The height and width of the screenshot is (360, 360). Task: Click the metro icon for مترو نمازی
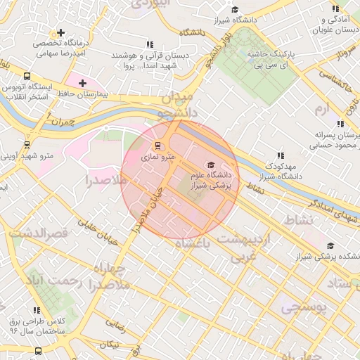click(x=159, y=146)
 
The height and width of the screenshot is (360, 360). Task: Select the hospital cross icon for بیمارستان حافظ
click(x=83, y=83)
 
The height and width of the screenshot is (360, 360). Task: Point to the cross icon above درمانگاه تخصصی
click(x=61, y=32)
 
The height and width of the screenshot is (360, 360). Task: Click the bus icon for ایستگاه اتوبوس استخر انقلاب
click(x=27, y=76)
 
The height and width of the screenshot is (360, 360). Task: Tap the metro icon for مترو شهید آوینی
click(x=27, y=144)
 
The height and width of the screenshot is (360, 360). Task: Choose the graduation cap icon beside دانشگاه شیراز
click(x=235, y=9)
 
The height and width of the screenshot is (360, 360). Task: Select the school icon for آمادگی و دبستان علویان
click(x=335, y=8)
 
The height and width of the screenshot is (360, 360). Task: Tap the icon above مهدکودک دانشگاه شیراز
click(x=281, y=155)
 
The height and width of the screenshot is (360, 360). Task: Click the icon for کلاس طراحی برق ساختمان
click(x=37, y=310)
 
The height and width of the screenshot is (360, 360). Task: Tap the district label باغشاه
click(x=192, y=243)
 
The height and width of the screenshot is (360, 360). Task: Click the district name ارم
click(x=321, y=108)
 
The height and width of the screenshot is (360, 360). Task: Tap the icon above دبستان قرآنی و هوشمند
click(x=150, y=44)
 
